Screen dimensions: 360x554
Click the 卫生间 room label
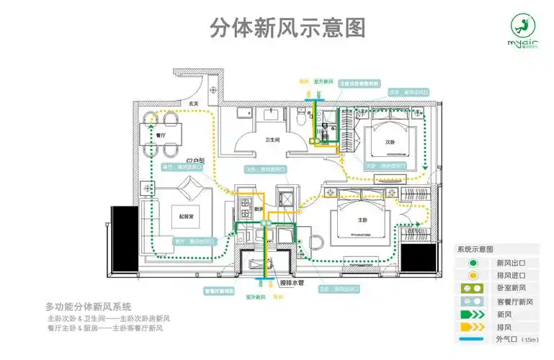point(272,140)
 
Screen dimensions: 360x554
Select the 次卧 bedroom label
point(388,141)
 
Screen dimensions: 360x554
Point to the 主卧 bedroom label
point(362,219)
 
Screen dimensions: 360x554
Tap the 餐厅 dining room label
point(161,135)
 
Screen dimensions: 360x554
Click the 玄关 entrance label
point(194,104)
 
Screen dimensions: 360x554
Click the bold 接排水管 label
point(292,282)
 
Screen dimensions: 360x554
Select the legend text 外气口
point(506,338)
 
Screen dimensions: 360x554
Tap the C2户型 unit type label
point(195,161)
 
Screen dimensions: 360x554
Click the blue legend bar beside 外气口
point(473,338)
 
